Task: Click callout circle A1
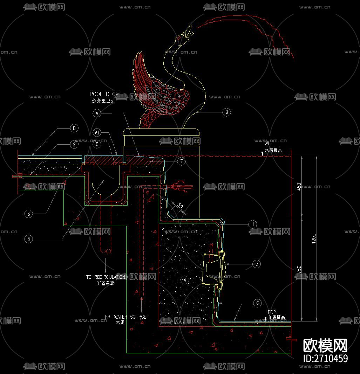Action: tap(97, 133)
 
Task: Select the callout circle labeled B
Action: tap(74, 129)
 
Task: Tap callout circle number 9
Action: tap(226, 112)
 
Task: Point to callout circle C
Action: tap(258, 303)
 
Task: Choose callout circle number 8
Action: tap(29, 239)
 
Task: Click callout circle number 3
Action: tap(29, 214)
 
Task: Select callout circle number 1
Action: tap(252, 224)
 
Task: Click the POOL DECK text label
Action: tap(104, 94)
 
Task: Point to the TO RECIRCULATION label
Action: tap(106, 277)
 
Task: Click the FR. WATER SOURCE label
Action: tap(125, 317)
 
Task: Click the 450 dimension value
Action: tap(299, 187)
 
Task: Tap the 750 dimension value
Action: tap(299, 270)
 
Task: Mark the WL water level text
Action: tap(267, 144)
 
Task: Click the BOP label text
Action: tap(272, 312)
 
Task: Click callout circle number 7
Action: tap(181, 161)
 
